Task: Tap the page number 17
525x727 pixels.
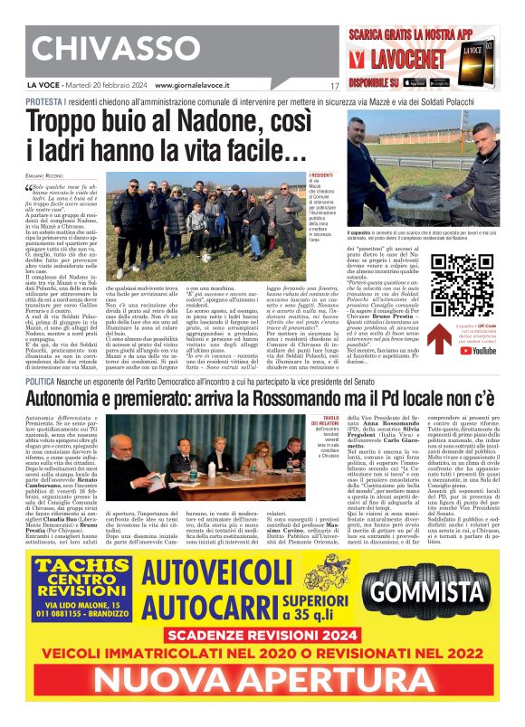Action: point(334,86)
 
